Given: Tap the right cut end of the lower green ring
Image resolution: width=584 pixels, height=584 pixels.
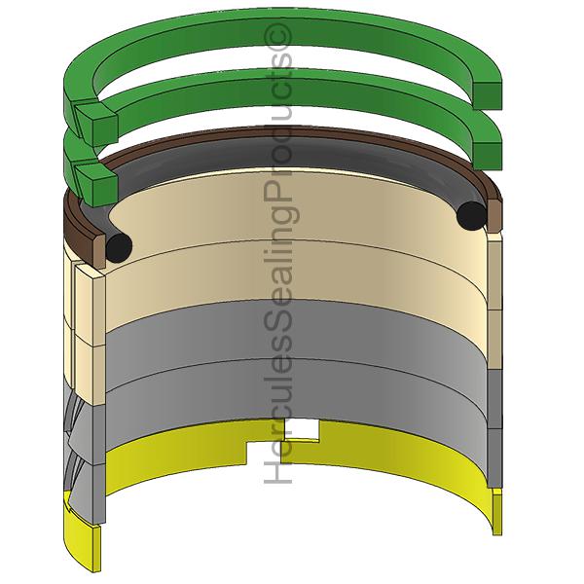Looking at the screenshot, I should tap(488, 142).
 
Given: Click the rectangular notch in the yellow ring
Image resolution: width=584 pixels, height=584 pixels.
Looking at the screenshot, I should tap(310, 428).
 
